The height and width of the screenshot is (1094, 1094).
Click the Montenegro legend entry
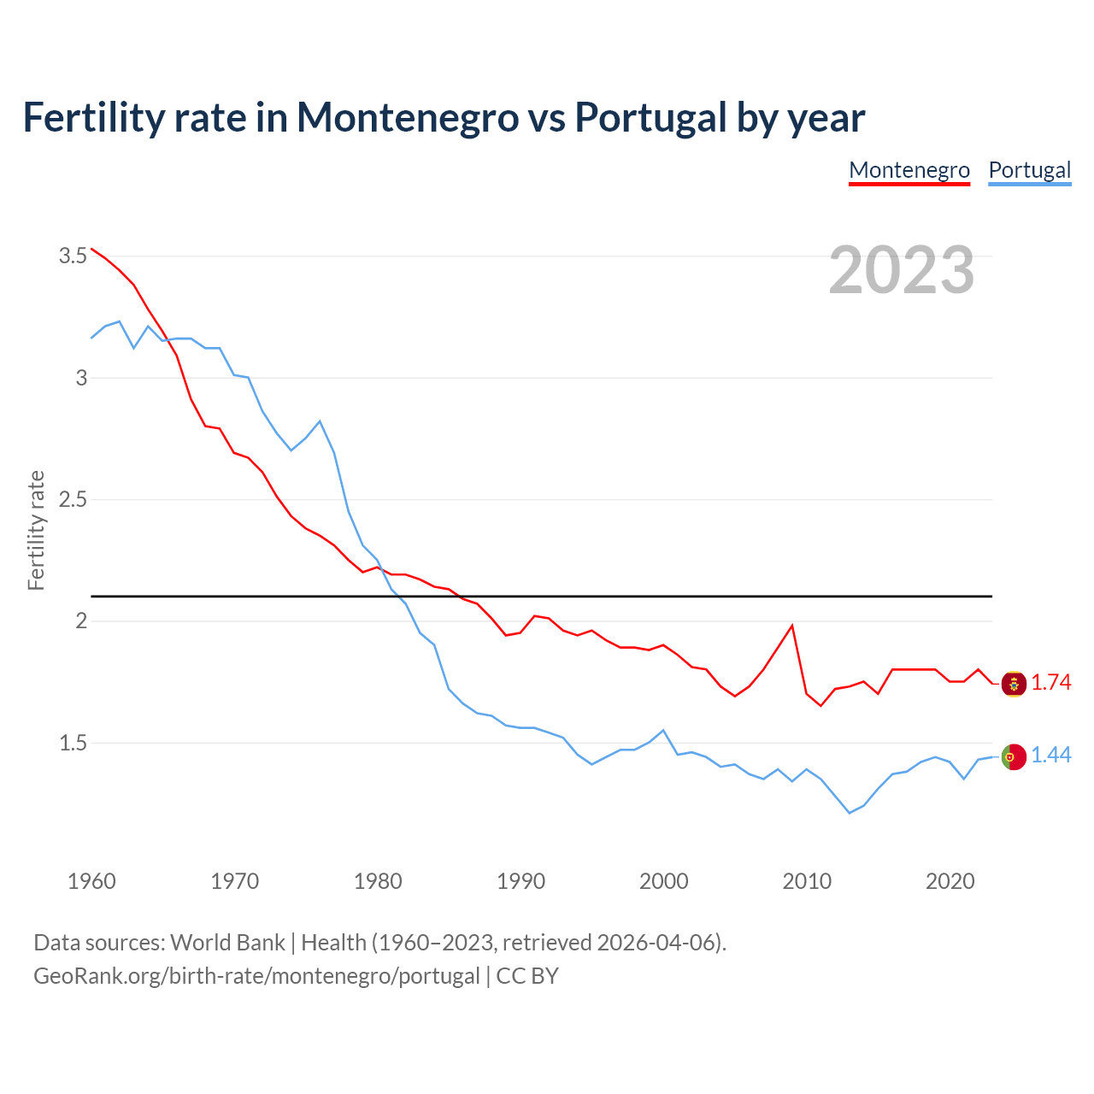tap(909, 170)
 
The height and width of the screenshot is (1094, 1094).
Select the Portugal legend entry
tap(1029, 170)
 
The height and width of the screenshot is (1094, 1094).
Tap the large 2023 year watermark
tap(902, 270)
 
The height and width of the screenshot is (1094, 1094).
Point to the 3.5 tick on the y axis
tap(73, 256)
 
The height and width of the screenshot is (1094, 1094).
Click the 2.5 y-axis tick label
tap(73, 499)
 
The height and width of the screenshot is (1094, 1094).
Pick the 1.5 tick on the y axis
tap(73, 743)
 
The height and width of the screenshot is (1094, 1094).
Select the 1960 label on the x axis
tap(91, 881)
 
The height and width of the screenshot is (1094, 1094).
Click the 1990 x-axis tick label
tap(521, 881)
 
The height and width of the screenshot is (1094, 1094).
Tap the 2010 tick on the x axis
tap(807, 881)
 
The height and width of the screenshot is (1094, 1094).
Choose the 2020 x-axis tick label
tap(950, 881)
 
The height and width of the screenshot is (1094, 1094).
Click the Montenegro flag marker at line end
tap(1014, 684)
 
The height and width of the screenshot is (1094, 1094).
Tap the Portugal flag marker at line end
tap(1014, 756)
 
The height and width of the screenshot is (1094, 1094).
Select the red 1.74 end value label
tap(1050, 682)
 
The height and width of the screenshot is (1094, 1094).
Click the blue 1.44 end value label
tap(1050, 755)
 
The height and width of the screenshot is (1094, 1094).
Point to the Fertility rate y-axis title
tap(36, 530)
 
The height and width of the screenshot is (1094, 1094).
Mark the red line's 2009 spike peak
tap(792, 626)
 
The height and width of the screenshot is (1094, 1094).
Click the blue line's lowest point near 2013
tap(850, 813)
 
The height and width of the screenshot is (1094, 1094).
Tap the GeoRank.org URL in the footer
tap(256, 975)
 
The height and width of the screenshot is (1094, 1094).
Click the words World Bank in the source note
tap(227, 942)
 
